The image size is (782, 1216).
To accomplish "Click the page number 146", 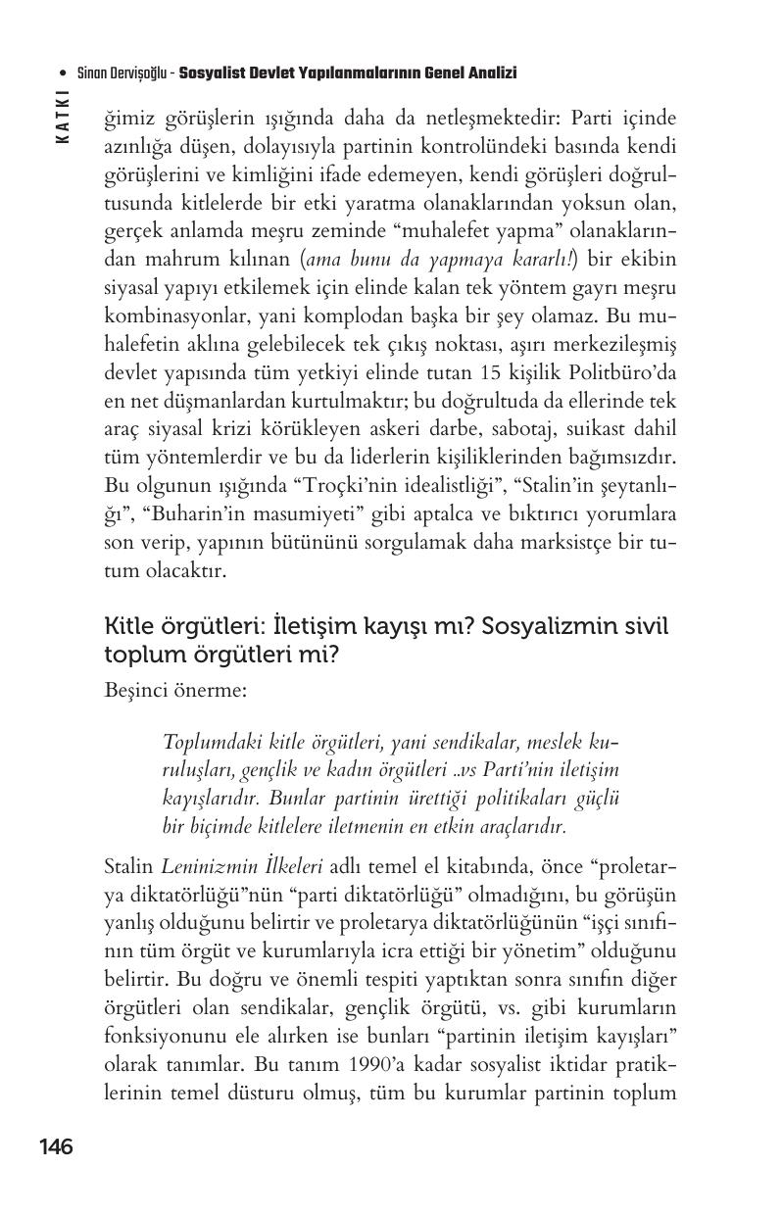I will pyautogui.click(x=56, y=1146).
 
